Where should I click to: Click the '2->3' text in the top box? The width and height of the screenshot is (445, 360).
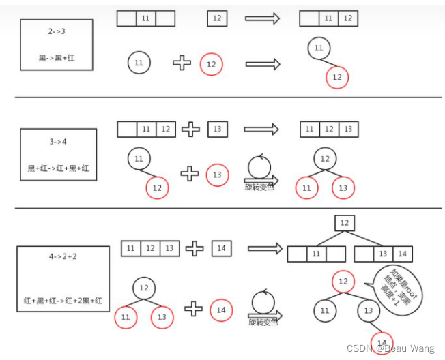(57, 31)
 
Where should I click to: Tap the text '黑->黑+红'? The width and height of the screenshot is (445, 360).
(57, 58)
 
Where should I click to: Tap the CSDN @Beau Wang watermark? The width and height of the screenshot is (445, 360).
(390, 348)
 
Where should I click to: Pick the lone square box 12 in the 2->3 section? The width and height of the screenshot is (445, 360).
(217, 18)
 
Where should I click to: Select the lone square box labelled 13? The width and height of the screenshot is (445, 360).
(218, 129)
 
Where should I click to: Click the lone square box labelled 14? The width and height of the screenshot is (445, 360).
(222, 248)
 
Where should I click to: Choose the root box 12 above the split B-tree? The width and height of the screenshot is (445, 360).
(345, 223)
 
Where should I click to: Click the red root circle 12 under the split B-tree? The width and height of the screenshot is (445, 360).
(344, 282)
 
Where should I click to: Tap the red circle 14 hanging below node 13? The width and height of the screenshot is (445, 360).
(383, 342)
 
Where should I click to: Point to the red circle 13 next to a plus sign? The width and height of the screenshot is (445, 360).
(217, 175)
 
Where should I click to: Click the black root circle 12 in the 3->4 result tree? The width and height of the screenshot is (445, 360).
(325, 159)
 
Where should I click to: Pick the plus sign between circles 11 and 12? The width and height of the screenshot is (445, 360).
(181, 63)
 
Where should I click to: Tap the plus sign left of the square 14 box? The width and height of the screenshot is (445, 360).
(195, 248)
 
